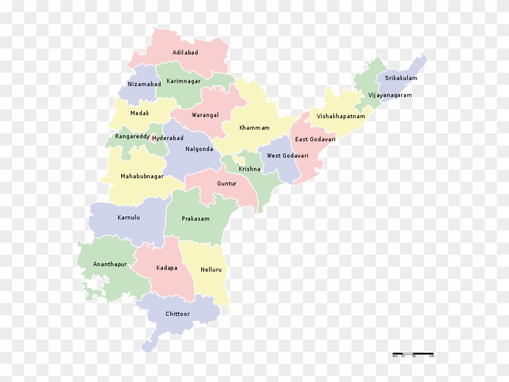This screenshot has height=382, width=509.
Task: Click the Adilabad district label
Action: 185,53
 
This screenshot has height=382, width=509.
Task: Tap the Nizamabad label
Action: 144,84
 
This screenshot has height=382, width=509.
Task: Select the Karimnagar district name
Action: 184,81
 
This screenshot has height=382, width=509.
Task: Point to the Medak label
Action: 139,113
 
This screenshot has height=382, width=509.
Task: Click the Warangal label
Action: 205,115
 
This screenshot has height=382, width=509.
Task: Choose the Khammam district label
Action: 254,128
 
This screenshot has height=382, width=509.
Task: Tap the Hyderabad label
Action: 167,138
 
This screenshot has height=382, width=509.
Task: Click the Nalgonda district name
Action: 199,149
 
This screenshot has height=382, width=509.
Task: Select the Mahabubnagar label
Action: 142,176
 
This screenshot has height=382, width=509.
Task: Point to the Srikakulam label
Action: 401,78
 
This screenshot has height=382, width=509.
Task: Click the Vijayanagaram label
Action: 390,95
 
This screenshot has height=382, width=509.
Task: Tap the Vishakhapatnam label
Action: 341,116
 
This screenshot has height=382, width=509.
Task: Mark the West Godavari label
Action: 287,156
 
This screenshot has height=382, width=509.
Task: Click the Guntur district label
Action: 227,183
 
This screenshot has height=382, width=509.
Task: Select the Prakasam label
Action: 195,219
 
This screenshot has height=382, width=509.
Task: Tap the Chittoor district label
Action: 178,314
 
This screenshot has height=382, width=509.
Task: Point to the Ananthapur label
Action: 110,265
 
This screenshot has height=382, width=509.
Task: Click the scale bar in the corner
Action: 413,354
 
